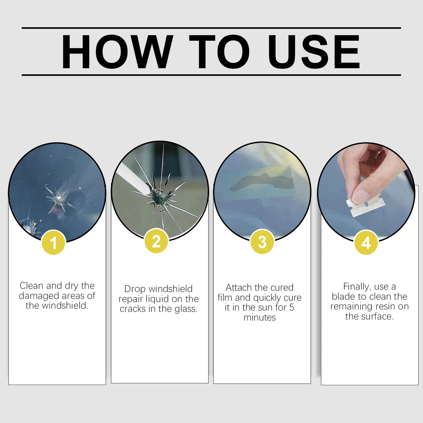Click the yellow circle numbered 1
(53, 243)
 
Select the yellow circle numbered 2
(156, 242)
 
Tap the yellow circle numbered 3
(262, 242)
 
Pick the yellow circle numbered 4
(366, 243)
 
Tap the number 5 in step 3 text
(292, 307)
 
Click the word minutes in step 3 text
(260, 317)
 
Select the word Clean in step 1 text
(32, 286)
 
